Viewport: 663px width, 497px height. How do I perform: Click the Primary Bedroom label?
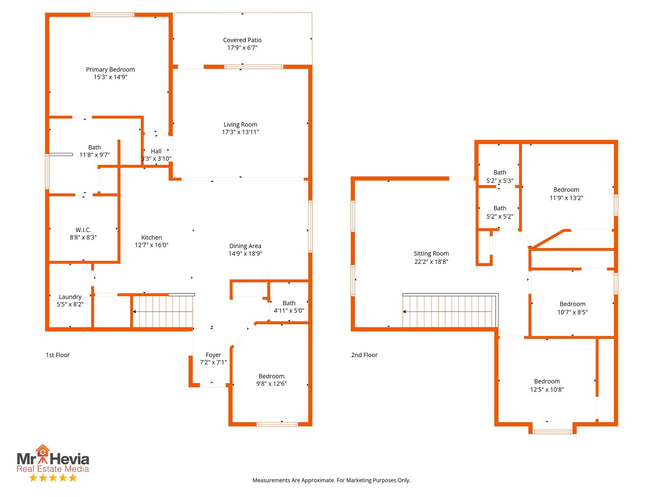tap(110, 70)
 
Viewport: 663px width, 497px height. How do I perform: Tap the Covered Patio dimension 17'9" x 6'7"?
tap(242, 48)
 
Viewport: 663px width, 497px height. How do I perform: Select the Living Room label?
tap(241, 125)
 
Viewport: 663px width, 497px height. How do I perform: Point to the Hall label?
tap(156, 151)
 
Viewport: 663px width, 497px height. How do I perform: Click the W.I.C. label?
tap(83, 230)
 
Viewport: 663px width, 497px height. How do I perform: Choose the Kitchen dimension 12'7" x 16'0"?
tap(152, 245)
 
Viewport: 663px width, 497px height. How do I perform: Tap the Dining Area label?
tap(245, 246)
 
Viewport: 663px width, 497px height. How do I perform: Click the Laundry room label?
tap(70, 297)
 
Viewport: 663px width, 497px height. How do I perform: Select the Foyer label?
tap(213, 355)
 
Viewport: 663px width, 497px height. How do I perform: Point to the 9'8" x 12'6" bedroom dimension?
tap(272, 384)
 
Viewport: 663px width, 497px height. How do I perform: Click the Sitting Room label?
tap(431, 254)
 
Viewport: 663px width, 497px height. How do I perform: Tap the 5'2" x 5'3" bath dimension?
tap(500, 181)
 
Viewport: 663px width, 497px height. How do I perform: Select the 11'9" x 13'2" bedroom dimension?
tap(567, 198)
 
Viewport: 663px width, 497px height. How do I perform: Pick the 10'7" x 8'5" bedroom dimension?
tap(573, 312)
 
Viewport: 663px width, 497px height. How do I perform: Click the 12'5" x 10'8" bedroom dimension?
tap(547, 390)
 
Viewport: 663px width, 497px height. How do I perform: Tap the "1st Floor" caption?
tap(58, 355)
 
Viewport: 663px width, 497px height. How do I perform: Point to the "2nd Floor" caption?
tap(365, 355)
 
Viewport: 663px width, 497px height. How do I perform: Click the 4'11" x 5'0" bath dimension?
tap(289, 311)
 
